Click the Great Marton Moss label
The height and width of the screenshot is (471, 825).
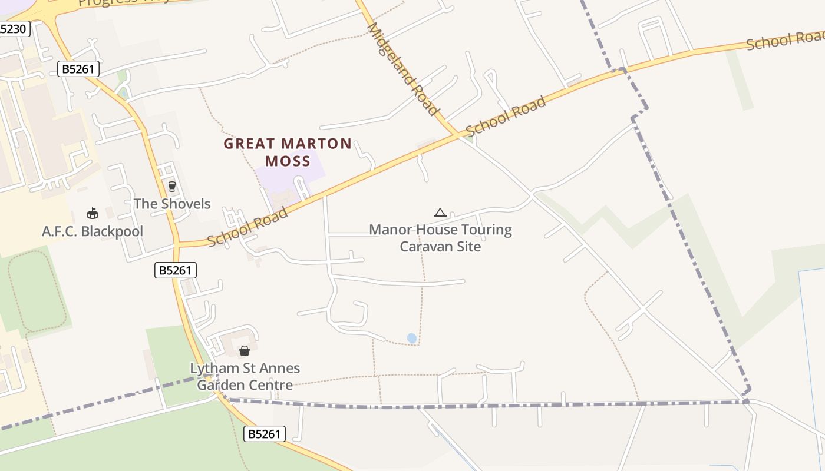(288, 152)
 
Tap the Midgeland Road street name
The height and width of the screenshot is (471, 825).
(404, 69)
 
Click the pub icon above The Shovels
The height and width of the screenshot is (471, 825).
(172, 187)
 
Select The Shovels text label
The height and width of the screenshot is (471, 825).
(171, 204)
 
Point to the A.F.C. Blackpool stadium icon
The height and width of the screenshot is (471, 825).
(92, 214)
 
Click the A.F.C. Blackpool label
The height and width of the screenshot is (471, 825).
(93, 231)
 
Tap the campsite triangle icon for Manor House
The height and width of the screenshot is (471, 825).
(440, 213)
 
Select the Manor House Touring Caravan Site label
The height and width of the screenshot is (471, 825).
(440, 238)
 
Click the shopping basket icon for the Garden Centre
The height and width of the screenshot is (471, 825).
(245, 351)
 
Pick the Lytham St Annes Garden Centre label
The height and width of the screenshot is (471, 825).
(245, 377)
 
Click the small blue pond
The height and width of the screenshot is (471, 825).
(412, 338)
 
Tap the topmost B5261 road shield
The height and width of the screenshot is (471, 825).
(79, 69)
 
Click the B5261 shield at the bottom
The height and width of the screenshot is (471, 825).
(265, 434)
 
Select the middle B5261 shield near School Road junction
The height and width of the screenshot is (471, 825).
(176, 270)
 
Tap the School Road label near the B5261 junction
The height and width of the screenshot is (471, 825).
(247, 227)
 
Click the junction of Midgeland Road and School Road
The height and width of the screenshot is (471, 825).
(457, 135)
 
